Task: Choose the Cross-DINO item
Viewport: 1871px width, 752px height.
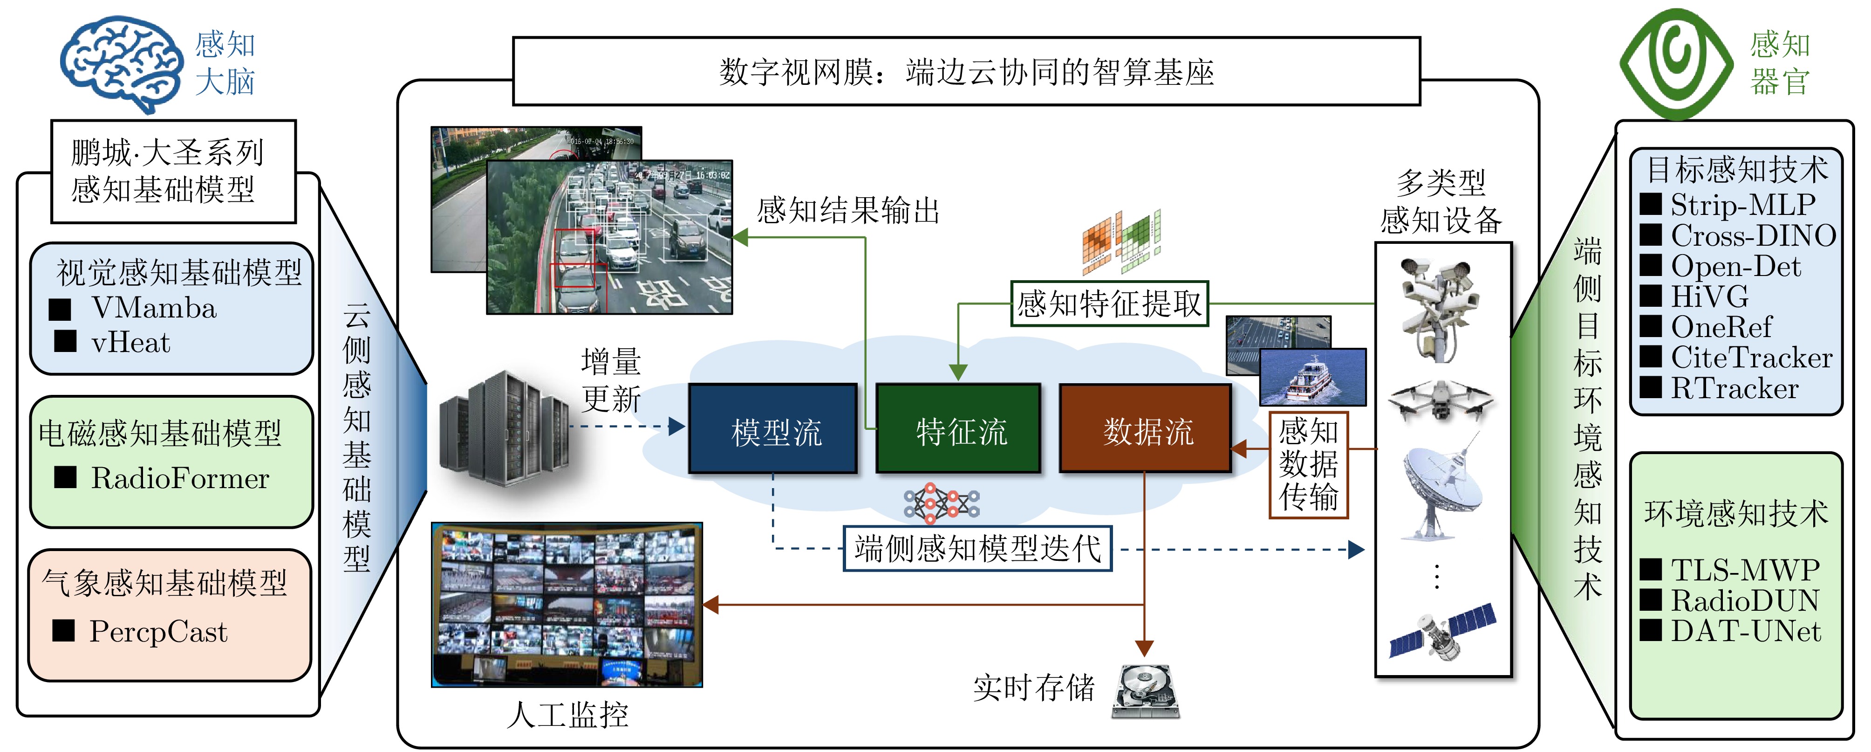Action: [x=1753, y=235]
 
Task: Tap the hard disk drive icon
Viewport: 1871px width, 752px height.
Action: [x=1146, y=690]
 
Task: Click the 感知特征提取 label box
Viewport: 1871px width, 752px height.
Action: [x=1109, y=304]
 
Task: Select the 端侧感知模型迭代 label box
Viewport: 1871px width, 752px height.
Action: [x=977, y=549]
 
